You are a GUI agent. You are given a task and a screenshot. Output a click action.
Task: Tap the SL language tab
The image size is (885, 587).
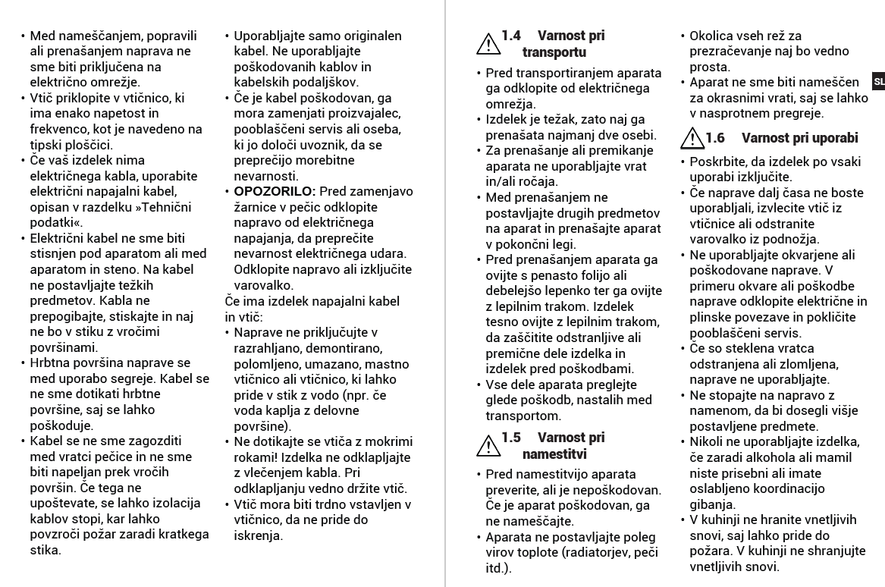pyautogui.click(x=877, y=81)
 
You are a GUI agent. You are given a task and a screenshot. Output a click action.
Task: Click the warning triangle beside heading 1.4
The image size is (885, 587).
pyautogui.click(x=487, y=44)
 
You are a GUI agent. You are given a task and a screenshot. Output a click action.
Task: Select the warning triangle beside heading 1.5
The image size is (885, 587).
pyautogui.click(x=487, y=446)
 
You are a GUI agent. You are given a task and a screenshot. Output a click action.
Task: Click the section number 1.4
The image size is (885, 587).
pyautogui.click(x=512, y=36)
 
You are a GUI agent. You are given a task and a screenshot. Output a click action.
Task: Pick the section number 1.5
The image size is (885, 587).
pyautogui.click(x=512, y=438)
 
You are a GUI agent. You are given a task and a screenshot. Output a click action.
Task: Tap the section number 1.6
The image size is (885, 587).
pyautogui.click(x=716, y=138)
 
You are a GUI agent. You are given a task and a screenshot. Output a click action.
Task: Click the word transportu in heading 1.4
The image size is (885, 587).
pyautogui.click(x=554, y=52)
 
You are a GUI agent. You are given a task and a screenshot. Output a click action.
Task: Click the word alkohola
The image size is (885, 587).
pyautogui.click(x=762, y=457)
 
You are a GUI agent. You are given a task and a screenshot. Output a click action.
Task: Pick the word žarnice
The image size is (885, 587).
pyautogui.click(x=256, y=207)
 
